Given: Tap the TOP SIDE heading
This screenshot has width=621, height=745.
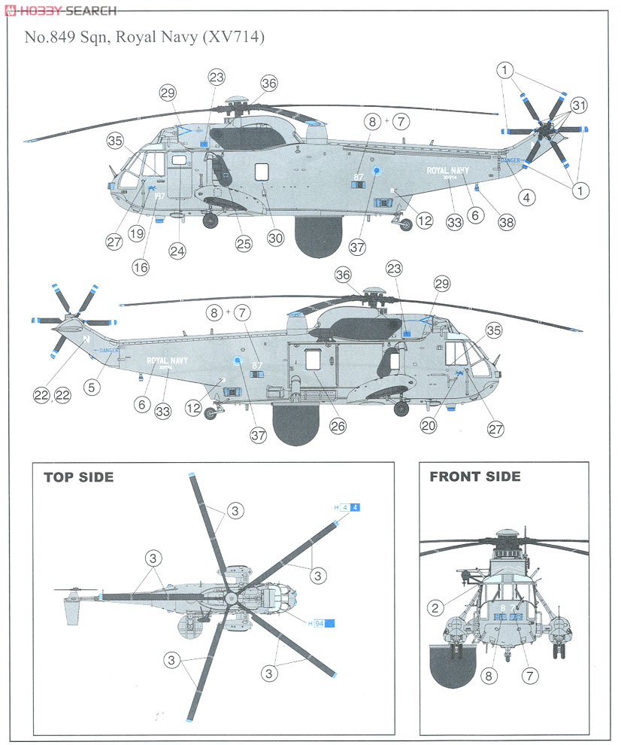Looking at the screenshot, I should coord(78,477).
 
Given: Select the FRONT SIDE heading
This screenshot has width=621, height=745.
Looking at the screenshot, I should coord(474,476).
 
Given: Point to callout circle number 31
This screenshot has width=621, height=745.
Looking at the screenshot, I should coord(579,105).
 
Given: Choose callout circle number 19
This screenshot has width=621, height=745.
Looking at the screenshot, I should coord(136,234).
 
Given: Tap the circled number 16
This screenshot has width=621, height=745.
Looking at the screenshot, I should coord(141,266).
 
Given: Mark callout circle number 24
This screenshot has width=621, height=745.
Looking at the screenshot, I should coord(178,251).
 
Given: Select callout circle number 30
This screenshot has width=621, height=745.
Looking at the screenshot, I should coord(276,238).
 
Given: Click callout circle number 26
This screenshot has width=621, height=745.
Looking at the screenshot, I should coord(338,426).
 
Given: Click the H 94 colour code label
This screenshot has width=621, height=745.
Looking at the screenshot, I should coord(320,622).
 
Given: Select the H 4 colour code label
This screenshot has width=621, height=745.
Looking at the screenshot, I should coord(347,508).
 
